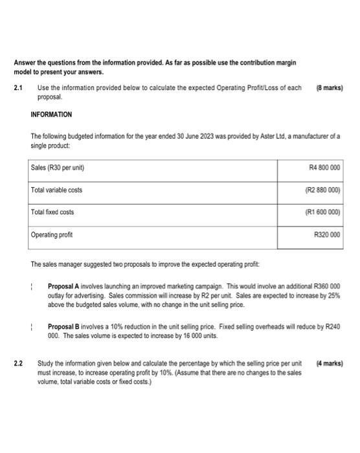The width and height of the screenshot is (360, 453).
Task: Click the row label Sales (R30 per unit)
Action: coord(58,168)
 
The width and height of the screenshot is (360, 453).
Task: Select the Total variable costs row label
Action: coord(56,190)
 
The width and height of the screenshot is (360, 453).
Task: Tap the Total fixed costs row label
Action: coord(52,212)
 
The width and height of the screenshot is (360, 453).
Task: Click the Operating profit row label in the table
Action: coord(52,235)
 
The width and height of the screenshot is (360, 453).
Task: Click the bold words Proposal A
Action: coord(65,285)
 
